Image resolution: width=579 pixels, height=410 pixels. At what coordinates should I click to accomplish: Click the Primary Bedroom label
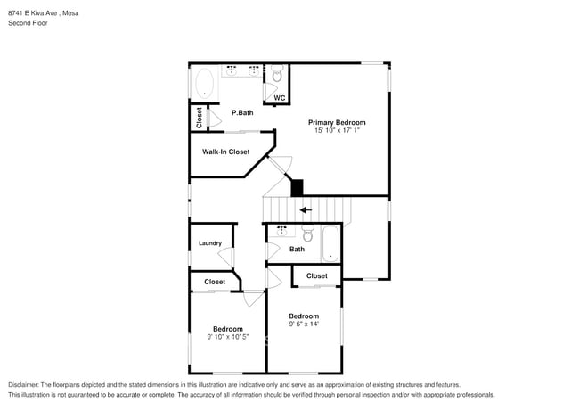337,122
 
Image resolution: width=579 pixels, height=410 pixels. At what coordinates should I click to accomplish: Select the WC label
279,98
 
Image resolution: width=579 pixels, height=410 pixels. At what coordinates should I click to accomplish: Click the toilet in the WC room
277,74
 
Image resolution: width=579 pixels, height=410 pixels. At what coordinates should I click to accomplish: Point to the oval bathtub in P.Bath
204,86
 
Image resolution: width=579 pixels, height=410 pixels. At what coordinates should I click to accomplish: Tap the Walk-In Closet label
225,152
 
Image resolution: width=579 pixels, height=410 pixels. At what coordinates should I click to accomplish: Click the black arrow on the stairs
306,210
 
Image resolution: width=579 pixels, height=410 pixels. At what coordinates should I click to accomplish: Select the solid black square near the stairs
298,188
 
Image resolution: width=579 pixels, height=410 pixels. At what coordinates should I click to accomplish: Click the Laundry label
210,242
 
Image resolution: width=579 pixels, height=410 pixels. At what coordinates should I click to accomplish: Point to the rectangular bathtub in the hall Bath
330,243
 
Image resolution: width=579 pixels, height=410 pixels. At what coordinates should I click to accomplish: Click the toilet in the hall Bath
307,234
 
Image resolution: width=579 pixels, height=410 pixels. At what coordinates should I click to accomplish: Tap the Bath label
297,250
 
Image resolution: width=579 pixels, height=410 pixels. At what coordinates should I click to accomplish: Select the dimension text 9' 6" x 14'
304,324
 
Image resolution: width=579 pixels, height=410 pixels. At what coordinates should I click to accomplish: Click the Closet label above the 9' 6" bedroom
317,276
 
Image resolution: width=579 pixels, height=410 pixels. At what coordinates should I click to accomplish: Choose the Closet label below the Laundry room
215,282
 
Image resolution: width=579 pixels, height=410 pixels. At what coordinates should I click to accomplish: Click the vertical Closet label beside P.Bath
199,118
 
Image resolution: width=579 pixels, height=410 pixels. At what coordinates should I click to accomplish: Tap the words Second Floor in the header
28,22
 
